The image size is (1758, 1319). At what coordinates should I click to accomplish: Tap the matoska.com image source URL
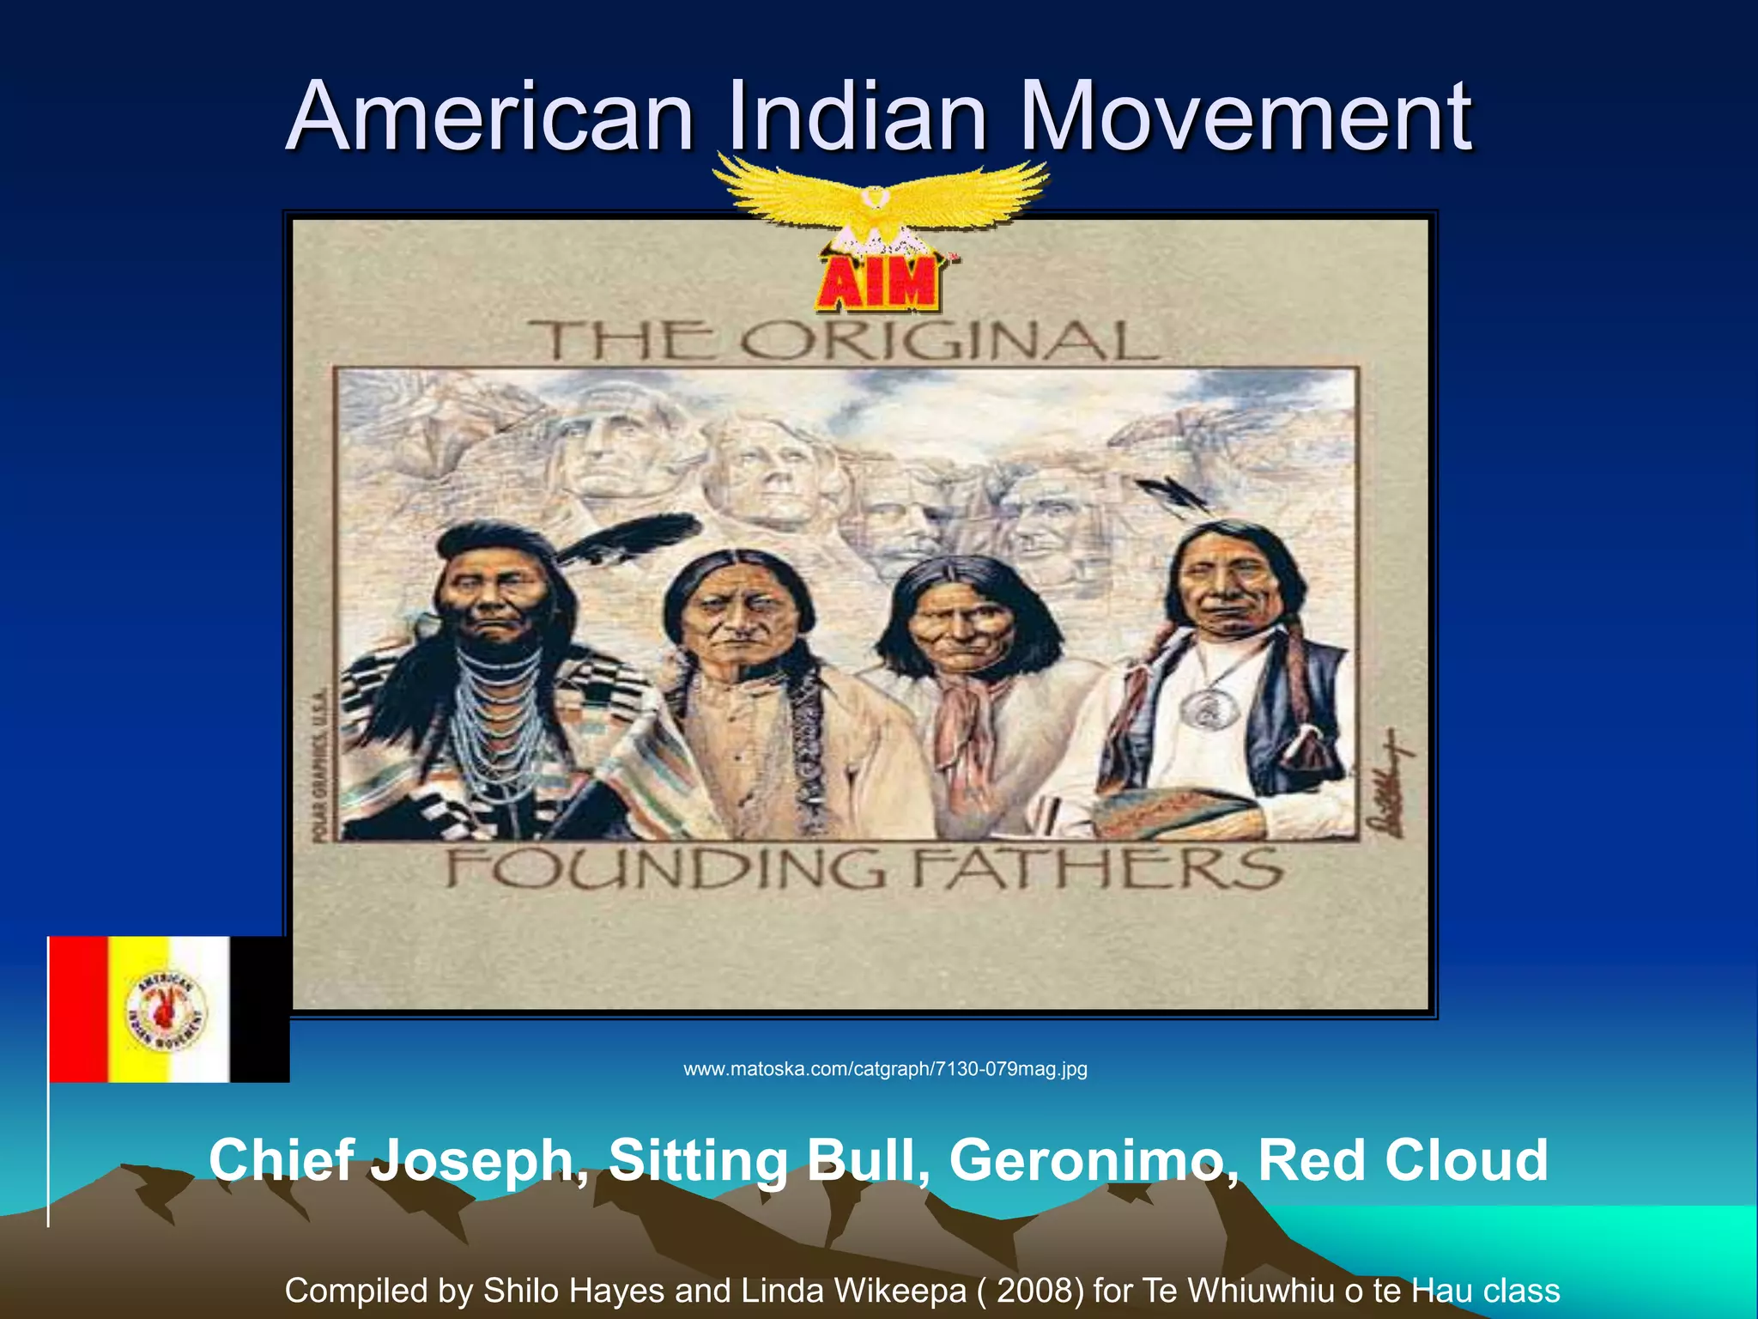(885, 1069)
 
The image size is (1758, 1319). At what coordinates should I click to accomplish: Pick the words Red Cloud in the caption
(1403, 1160)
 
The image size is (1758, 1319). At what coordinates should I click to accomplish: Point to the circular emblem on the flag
(167, 1012)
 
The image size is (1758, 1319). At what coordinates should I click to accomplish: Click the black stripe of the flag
(259, 1009)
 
